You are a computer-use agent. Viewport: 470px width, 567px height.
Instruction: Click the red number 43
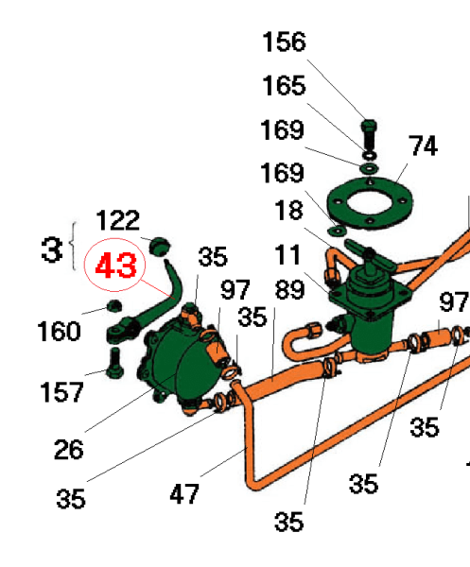(115, 265)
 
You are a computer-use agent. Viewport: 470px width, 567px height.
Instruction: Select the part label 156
(284, 42)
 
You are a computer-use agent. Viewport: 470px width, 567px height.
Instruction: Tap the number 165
(284, 86)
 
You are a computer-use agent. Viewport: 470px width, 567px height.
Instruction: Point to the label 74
(423, 146)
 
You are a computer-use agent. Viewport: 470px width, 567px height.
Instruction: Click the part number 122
(117, 220)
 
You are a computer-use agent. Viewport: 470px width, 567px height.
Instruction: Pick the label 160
(59, 331)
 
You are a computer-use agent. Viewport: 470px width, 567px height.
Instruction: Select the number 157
(61, 392)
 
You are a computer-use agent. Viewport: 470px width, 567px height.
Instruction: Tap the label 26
(68, 449)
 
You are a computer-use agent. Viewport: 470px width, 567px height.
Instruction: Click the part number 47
(184, 494)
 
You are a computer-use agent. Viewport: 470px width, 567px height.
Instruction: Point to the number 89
(289, 290)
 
